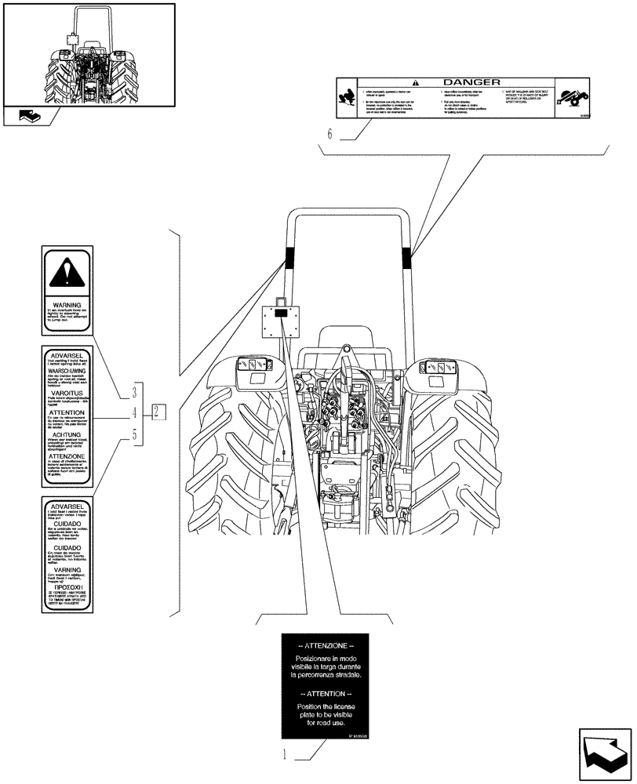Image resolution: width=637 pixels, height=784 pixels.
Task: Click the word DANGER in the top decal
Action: pyautogui.click(x=471, y=82)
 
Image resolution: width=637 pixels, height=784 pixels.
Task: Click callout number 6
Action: pyautogui.click(x=330, y=134)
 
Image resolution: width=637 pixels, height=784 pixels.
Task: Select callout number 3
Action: pyautogui.click(x=135, y=390)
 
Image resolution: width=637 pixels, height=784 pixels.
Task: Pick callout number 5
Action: pyautogui.click(x=135, y=433)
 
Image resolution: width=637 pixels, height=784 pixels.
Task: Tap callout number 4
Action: pyautogui.click(x=135, y=412)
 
